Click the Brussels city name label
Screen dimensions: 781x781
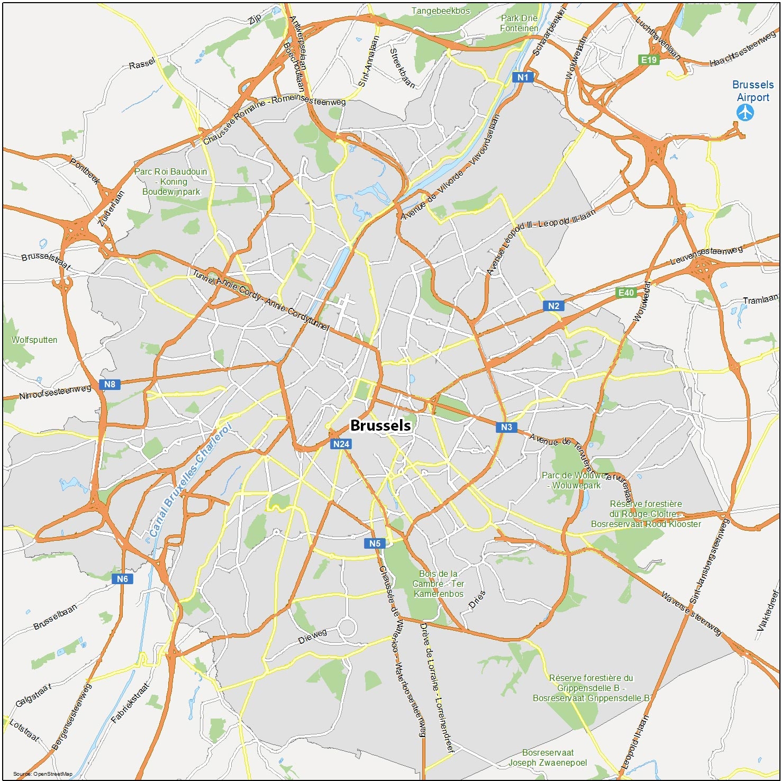pyautogui.click(x=380, y=425)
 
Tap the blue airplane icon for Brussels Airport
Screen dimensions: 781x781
pyautogui.click(x=746, y=112)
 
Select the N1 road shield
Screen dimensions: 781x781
pyautogui.click(x=523, y=77)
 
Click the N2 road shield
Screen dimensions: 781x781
pyautogui.click(x=553, y=306)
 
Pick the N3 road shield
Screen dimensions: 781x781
pyautogui.click(x=506, y=427)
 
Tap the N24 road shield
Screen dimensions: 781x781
pyautogui.click(x=341, y=444)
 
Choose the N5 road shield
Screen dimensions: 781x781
pyautogui.click(x=375, y=543)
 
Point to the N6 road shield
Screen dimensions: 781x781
pyautogui.click(x=122, y=579)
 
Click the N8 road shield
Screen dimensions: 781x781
pyautogui.click(x=110, y=385)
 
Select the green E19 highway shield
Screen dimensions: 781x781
pyautogui.click(x=649, y=60)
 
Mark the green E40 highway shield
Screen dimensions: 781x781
pyautogui.click(x=626, y=293)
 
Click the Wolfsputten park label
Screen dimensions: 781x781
pyautogui.click(x=34, y=340)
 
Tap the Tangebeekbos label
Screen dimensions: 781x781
pyautogui.click(x=440, y=11)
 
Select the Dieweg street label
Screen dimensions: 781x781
pyautogui.click(x=312, y=636)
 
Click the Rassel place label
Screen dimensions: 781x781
pyautogui.click(x=142, y=64)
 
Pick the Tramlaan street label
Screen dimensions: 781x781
pyautogui.click(x=760, y=300)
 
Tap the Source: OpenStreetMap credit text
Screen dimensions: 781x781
pyautogui.click(x=43, y=774)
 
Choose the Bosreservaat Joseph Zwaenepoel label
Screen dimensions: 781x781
pyautogui.click(x=548, y=758)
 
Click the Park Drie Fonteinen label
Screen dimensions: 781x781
pyautogui.click(x=519, y=23)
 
